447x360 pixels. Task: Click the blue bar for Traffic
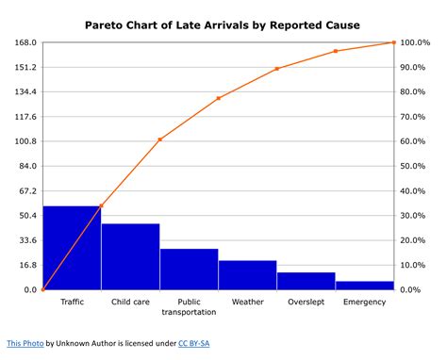72,248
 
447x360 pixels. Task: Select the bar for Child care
130,256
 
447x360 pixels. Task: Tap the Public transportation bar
189,270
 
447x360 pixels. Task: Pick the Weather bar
247,275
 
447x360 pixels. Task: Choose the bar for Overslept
306,281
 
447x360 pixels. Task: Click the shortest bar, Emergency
364,285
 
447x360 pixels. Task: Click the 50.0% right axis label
418,167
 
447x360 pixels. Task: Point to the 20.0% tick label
418,240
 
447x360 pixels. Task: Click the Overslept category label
306,302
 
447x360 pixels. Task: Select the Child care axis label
130,302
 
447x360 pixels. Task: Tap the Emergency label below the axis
364,302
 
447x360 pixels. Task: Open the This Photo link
25,345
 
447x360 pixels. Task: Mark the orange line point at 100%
393,42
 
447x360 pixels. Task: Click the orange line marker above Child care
159,139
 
